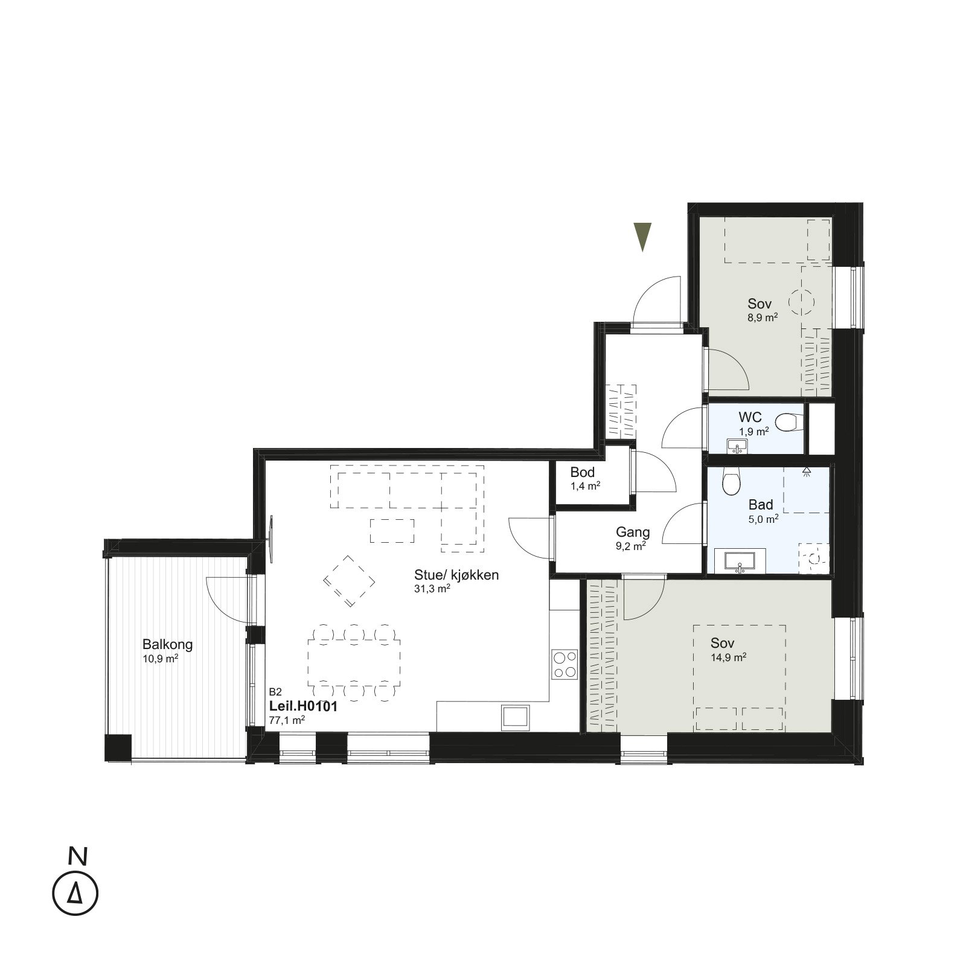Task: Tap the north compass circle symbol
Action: (75, 893)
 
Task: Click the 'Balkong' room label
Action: (168, 644)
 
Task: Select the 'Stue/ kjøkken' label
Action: (456, 575)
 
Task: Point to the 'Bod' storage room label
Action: (583, 472)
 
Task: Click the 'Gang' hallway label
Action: (633, 532)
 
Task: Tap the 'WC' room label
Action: (750, 417)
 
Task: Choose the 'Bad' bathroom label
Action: (761, 505)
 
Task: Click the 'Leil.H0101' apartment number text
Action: (302, 706)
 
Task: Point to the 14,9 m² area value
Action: (729, 657)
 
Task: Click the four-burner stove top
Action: (565, 664)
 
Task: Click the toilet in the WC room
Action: (789, 422)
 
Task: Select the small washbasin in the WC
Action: (737, 446)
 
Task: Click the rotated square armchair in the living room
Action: (349, 581)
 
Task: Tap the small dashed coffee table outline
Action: (392, 531)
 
